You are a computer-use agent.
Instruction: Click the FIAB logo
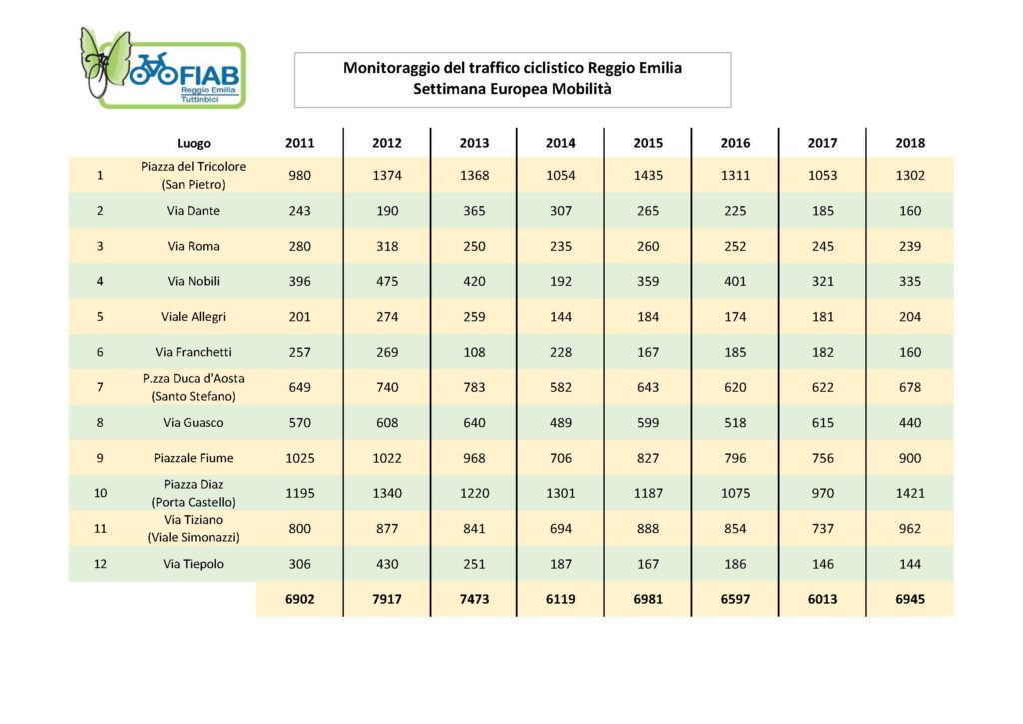click(x=162, y=68)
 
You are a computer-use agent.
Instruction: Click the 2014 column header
click(x=561, y=143)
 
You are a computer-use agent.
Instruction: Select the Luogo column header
click(x=194, y=144)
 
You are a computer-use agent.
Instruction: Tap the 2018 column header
click(x=910, y=143)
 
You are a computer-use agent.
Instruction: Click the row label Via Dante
click(x=193, y=211)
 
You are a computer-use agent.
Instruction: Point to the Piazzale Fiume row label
click(x=193, y=458)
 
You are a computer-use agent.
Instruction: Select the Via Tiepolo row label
click(x=193, y=564)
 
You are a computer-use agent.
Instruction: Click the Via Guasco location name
click(x=193, y=422)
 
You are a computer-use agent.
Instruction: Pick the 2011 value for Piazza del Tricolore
click(x=300, y=176)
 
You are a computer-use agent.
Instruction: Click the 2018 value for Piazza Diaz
click(x=910, y=494)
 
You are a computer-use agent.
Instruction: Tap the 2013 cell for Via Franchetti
click(x=474, y=353)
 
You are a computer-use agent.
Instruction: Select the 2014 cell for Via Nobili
click(x=561, y=281)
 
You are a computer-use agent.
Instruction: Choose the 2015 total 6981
click(x=648, y=599)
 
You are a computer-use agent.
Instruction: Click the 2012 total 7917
click(x=387, y=599)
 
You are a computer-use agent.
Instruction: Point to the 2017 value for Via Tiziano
click(x=823, y=529)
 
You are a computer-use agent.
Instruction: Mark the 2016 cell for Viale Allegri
click(x=735, y=317)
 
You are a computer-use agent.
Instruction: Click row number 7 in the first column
click(x=100, y=387)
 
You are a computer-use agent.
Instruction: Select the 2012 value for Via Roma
click(x=387, y=246)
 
